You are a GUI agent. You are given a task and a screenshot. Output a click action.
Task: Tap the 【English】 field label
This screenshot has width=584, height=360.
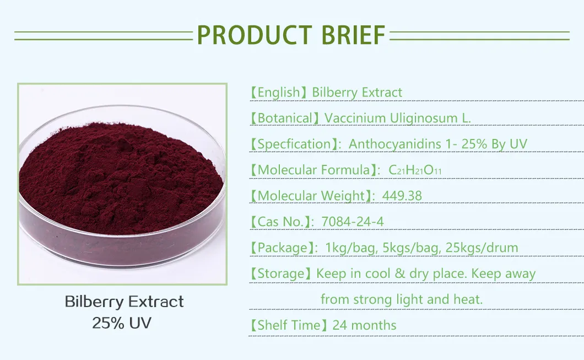[278, 92]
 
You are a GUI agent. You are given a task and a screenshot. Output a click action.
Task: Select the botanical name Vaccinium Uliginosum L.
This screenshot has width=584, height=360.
[398, 118]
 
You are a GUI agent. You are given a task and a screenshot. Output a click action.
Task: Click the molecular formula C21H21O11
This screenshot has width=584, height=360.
[415, 170]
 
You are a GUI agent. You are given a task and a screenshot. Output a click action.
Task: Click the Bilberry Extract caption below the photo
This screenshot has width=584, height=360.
[124, 302]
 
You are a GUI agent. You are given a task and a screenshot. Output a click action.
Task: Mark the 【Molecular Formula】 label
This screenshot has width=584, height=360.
[312, 170]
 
